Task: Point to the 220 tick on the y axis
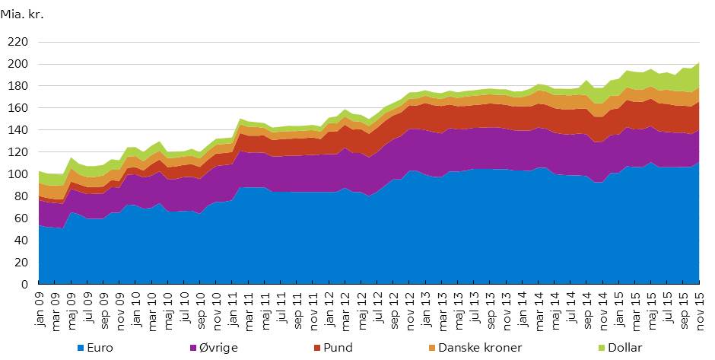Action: click(18, 43)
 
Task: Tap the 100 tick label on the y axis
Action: click(18, 174)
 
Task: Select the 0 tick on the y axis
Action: click(24, 284)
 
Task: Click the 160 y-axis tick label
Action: click(18, 108)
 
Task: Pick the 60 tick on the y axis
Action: click(21, 218)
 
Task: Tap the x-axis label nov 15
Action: click(697, 307)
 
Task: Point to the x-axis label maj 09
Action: click(73, 307)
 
